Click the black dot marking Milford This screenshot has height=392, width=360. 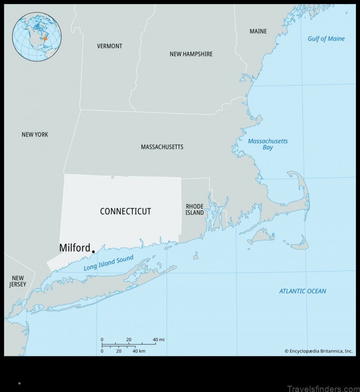93,252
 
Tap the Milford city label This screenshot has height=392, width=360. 74,248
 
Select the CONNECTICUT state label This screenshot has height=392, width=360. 125,211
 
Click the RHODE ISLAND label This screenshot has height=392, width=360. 194,209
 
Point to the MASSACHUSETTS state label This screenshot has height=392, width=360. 162,147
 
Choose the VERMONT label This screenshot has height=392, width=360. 109,46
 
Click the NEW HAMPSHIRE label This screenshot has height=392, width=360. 191,54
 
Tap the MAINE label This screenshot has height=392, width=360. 258,32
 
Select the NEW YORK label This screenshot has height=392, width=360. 35,135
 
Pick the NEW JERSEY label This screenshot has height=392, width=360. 18,281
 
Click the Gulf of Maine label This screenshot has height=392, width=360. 326,39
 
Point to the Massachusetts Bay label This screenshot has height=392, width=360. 268,144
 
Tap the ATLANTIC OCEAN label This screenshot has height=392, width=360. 302,291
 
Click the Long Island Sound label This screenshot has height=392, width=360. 108,263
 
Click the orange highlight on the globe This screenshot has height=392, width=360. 45,39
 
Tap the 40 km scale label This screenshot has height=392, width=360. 139,351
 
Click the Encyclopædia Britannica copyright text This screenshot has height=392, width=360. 318,351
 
